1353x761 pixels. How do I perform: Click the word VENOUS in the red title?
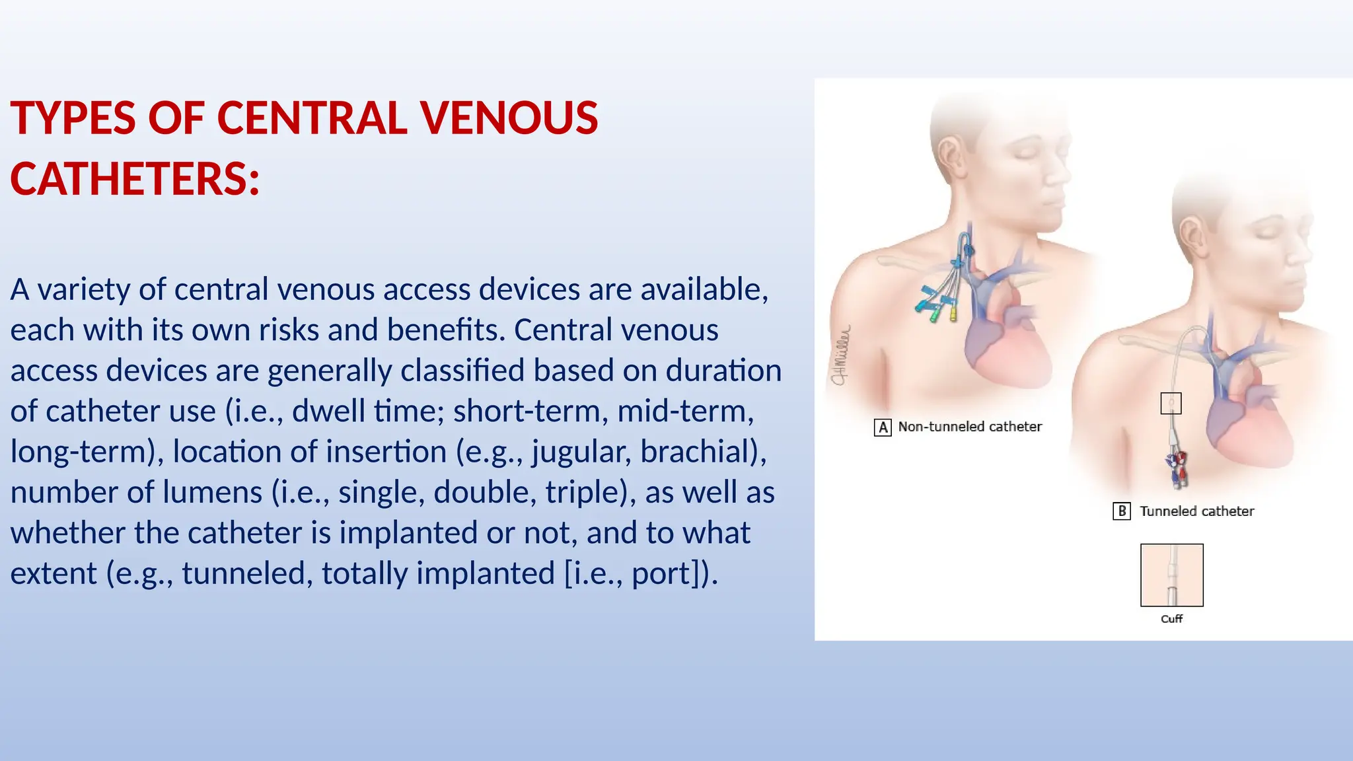point(509,118)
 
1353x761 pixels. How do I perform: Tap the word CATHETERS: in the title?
point(135,179)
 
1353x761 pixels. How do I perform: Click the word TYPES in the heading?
point(73,118)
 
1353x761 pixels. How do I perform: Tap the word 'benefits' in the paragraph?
point(445,330)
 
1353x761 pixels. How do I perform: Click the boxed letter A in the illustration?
point(883,427)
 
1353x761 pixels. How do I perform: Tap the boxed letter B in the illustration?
point(1122,511)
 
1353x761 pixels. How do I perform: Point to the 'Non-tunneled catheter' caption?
point(970,427)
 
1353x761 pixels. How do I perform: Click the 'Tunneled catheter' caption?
point(1196,511)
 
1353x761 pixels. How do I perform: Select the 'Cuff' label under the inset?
point(1171,619)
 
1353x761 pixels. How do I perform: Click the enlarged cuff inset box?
point(1172,575)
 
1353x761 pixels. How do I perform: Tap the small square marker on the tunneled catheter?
point(1171,403)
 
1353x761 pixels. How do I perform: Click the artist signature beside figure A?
point(841,356)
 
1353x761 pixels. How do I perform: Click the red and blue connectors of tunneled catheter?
point(1176,466)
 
